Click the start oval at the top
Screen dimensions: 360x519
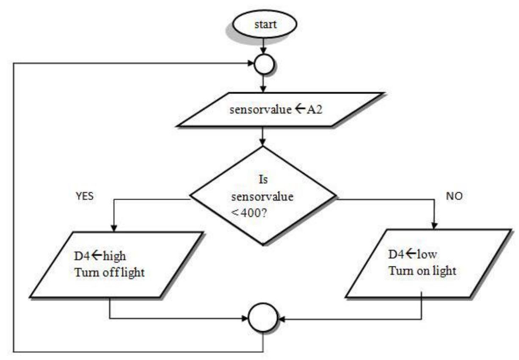265,24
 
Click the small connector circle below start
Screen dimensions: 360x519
263,64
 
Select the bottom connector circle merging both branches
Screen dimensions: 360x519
263,318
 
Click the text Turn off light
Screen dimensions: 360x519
110,272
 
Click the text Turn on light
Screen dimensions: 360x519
422,270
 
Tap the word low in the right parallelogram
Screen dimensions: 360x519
428,255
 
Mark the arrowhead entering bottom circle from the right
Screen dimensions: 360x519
281,318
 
